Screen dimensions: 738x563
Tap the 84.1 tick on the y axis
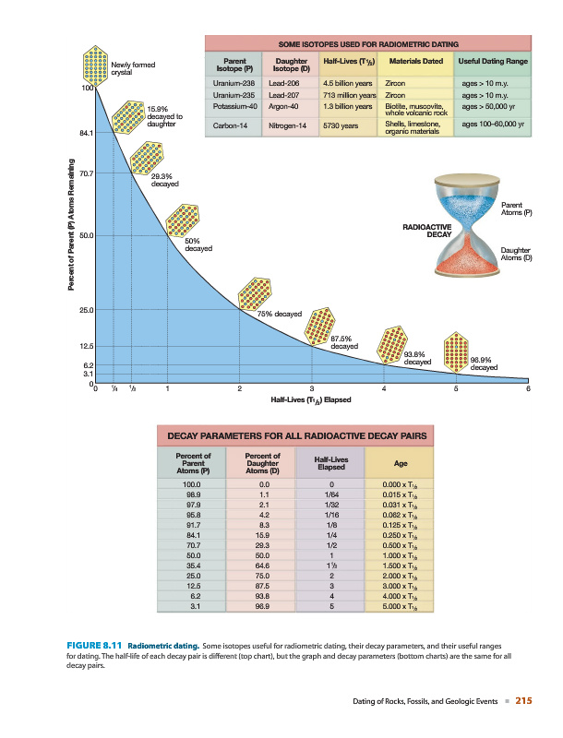[86, 134]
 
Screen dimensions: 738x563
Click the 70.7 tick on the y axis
[86, 173]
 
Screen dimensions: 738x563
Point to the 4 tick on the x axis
[384, 388]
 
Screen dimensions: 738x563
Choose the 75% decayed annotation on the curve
[280, 315]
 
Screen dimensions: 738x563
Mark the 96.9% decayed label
[485, 363]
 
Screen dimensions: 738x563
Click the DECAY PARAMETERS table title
[298, 435]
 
